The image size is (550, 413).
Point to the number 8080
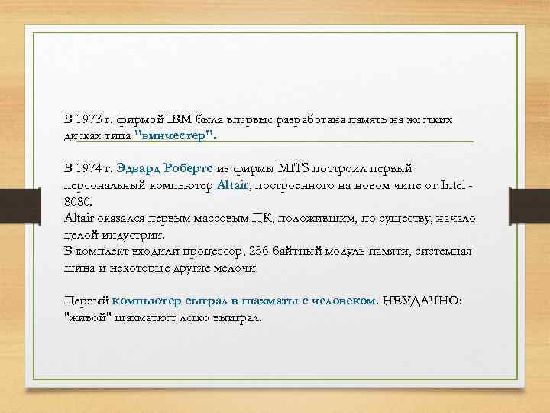tap(77, 202)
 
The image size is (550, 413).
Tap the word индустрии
tap(131, 234)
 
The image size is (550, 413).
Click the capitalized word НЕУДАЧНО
tap(421, 301)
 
